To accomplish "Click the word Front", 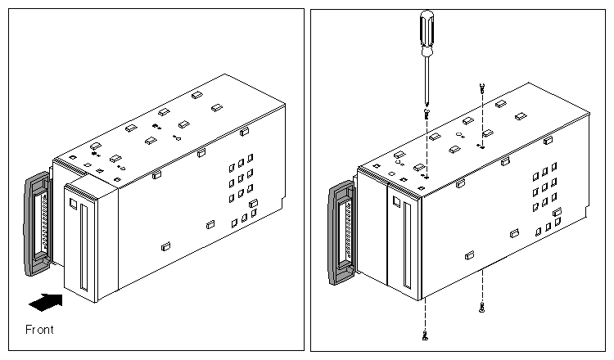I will tap(39, 330).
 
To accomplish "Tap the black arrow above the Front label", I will tap(46, 303).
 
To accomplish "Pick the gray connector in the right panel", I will tap(342, 234).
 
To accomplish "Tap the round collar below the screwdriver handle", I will tap(427, 54).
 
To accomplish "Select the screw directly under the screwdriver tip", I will tap(427, 115).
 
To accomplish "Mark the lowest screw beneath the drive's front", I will tap(426, 335).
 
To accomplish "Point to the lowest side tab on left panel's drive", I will tap(165, 245).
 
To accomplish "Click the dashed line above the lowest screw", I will tap(426, 311).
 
